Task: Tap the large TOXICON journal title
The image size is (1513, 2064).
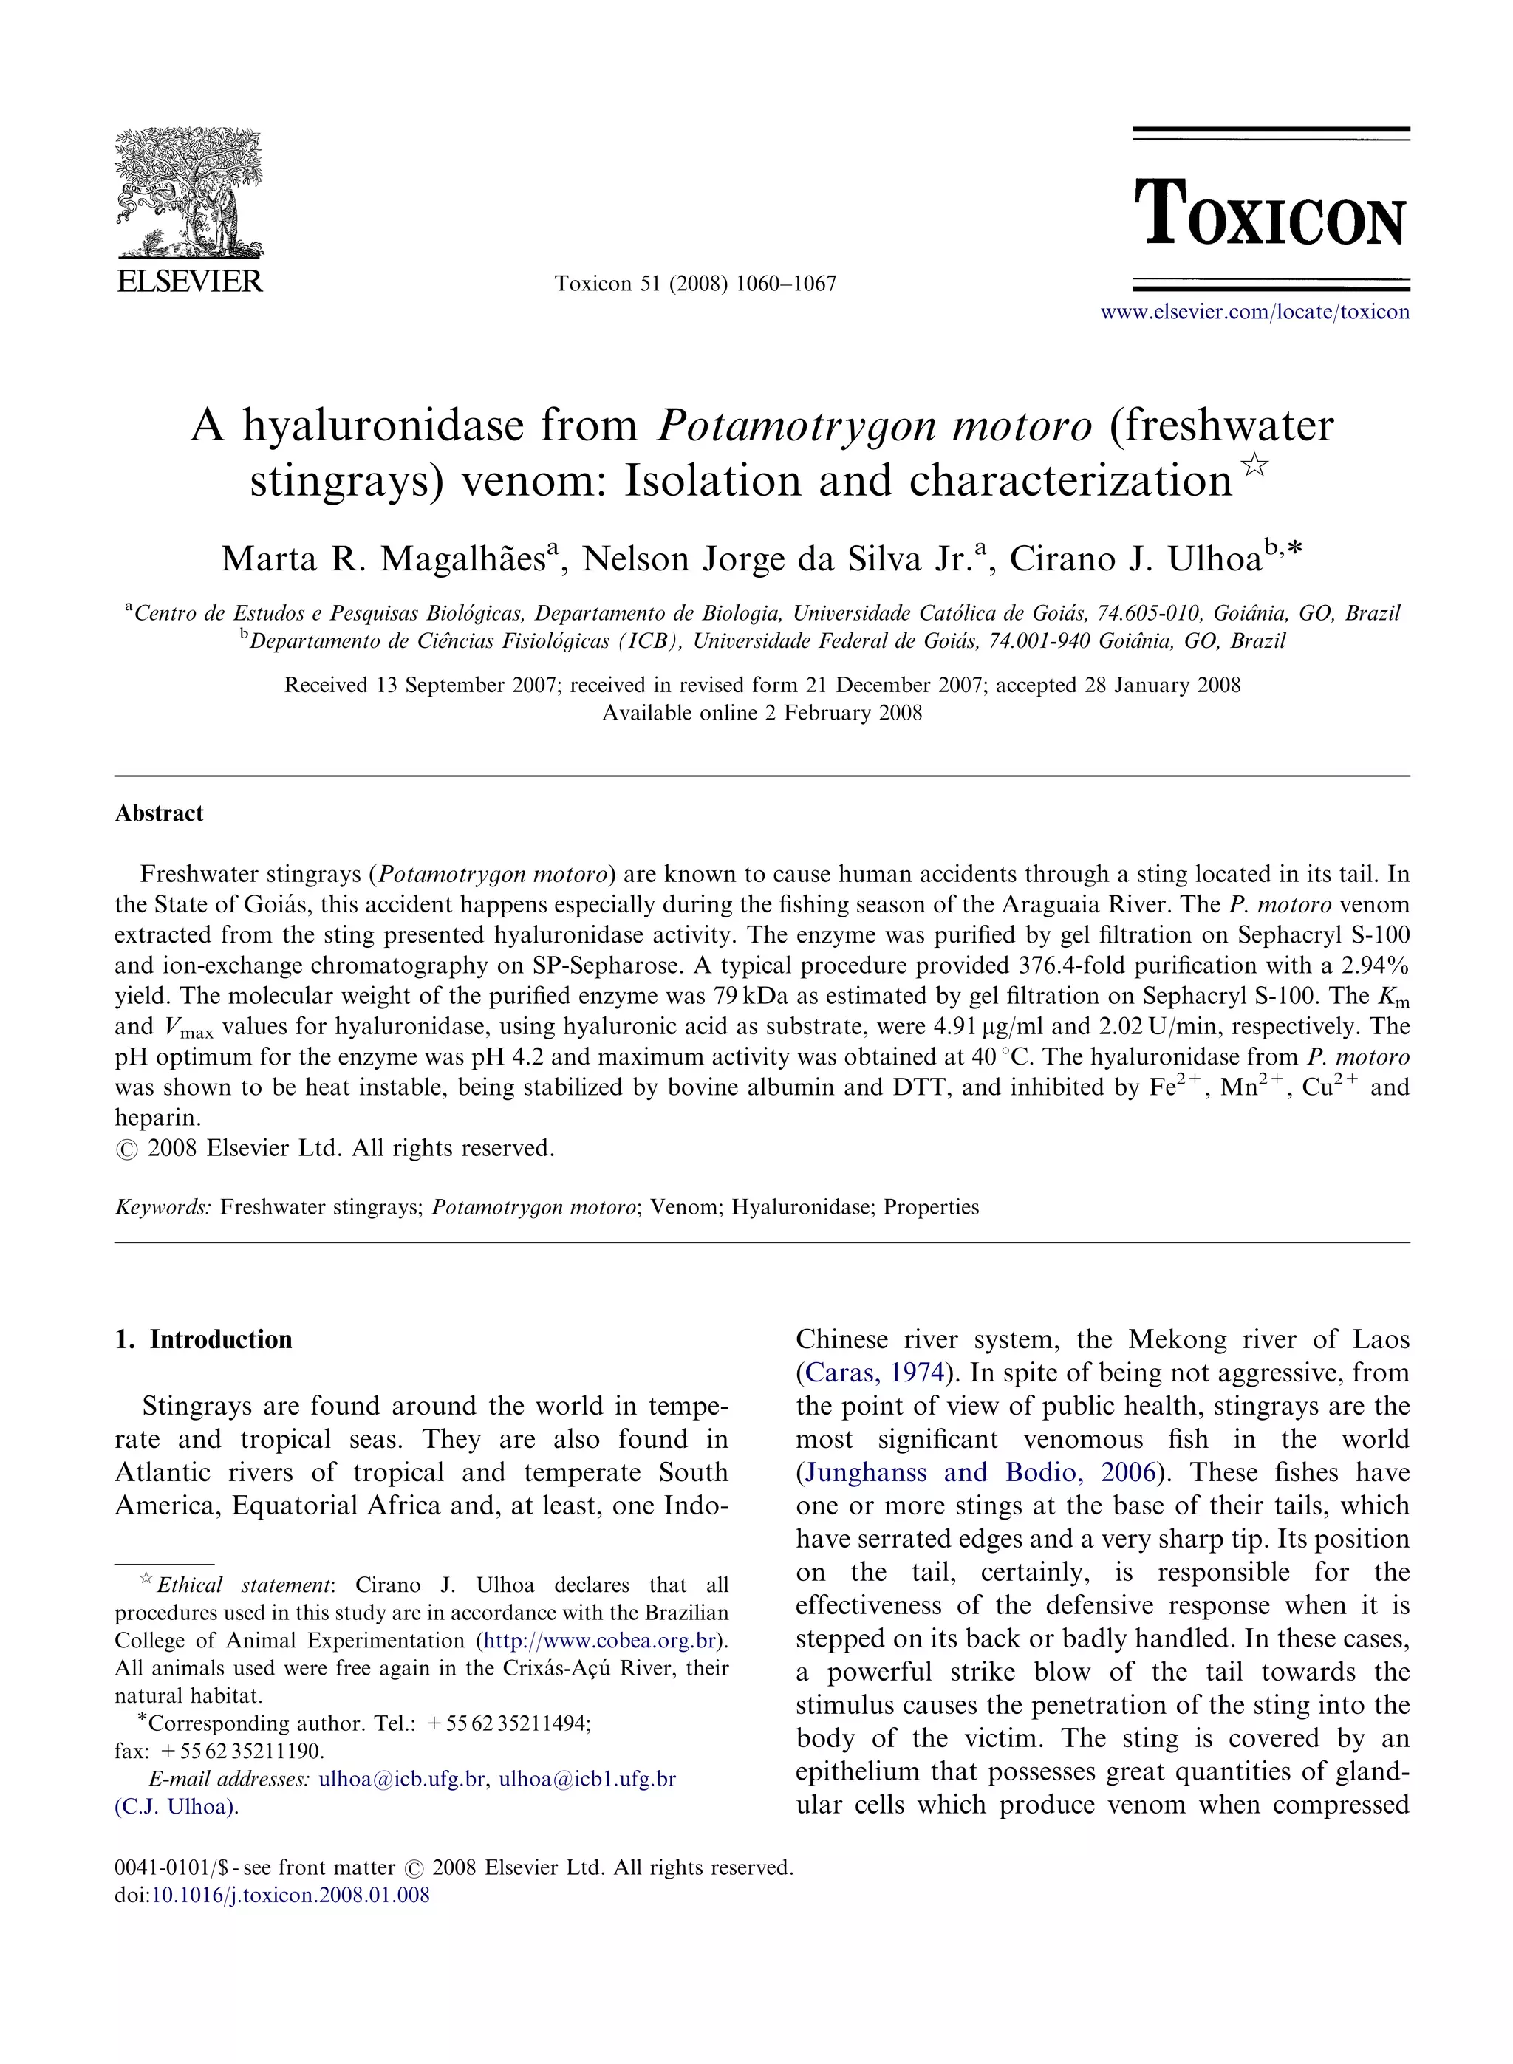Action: pos(1269,214)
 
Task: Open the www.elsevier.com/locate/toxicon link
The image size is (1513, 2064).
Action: pos(1254,312)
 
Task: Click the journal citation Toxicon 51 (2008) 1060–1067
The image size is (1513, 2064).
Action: pos(695,284)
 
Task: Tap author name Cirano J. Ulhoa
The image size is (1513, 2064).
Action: pos(1135,558)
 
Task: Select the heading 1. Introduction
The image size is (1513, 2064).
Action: pos(203,1339)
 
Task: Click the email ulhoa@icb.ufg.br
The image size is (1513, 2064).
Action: pos(401,1778)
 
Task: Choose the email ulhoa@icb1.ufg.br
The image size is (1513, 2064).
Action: pos(587,1778)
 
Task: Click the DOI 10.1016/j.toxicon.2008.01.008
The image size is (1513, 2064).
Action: pos(290,1895)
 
